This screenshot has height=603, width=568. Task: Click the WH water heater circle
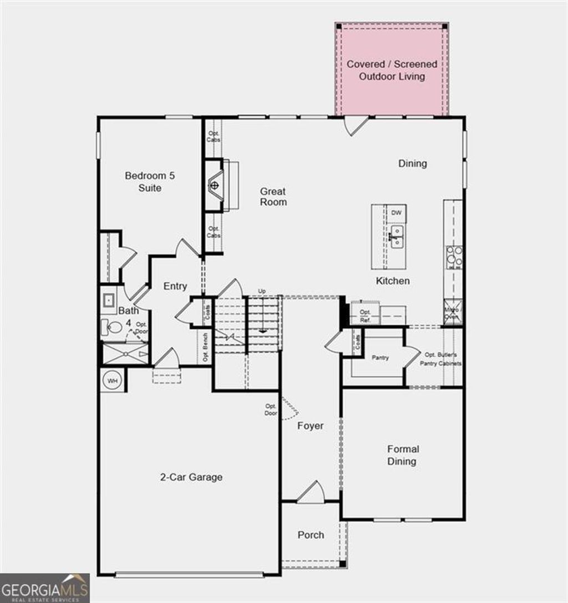coord(113,381)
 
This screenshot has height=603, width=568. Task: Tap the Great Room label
coord(273,197)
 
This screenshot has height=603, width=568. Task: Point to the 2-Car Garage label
coord(191,477)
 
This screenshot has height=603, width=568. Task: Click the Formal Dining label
coord(403,455)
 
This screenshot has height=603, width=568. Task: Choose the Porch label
coord(311,535)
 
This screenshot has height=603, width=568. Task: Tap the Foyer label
coord(311,426)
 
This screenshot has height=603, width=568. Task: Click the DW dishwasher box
coord(395,213)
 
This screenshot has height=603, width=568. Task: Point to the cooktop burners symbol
coord(455,257)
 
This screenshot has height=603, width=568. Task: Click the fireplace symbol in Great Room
coord(215,185)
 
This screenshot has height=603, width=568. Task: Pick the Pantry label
coord(380,357)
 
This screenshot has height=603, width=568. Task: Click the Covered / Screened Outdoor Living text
coord(392,70)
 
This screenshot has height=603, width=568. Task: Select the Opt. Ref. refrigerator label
coord(365,316)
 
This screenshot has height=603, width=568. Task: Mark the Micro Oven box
coord(453,313)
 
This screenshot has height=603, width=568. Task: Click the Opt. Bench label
coord(205,347)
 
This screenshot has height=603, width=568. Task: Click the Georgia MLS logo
coord(44,588)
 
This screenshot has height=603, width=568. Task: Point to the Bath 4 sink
coord(109,302)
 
